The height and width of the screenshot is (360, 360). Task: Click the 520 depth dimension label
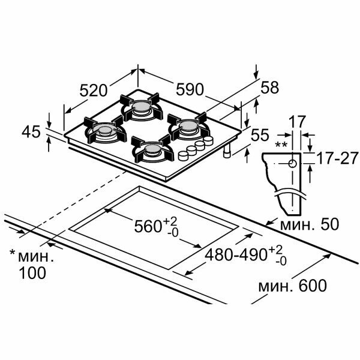point(94,91)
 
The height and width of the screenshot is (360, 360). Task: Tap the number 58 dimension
point(270,88)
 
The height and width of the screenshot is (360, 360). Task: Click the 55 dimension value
point(260,136)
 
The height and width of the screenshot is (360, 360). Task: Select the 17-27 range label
point(334,159)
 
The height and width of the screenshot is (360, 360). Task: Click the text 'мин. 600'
point(293,286)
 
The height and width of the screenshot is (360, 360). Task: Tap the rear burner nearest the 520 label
point(142,107)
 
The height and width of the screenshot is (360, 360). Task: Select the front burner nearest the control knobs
point(152,150)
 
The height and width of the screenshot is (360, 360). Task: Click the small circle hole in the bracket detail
point(292,163)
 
